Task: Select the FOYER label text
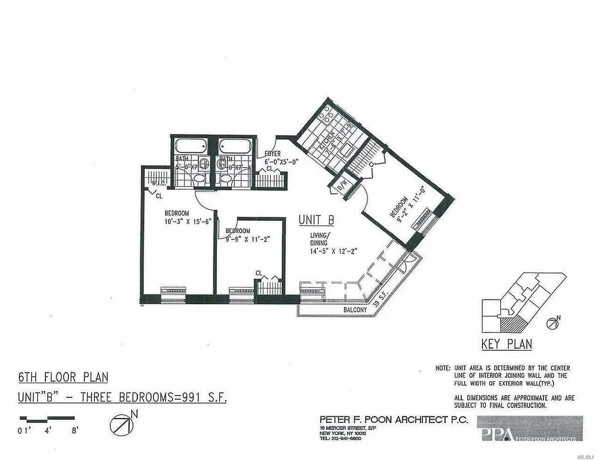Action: (x=273, y=154)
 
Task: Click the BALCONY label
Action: (x=355, y=310)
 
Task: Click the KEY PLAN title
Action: (x=506, y=344)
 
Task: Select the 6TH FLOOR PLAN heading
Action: (x=63, y=378)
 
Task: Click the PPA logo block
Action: (x=529, y=429)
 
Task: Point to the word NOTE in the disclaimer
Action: (x=442, y=368)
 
